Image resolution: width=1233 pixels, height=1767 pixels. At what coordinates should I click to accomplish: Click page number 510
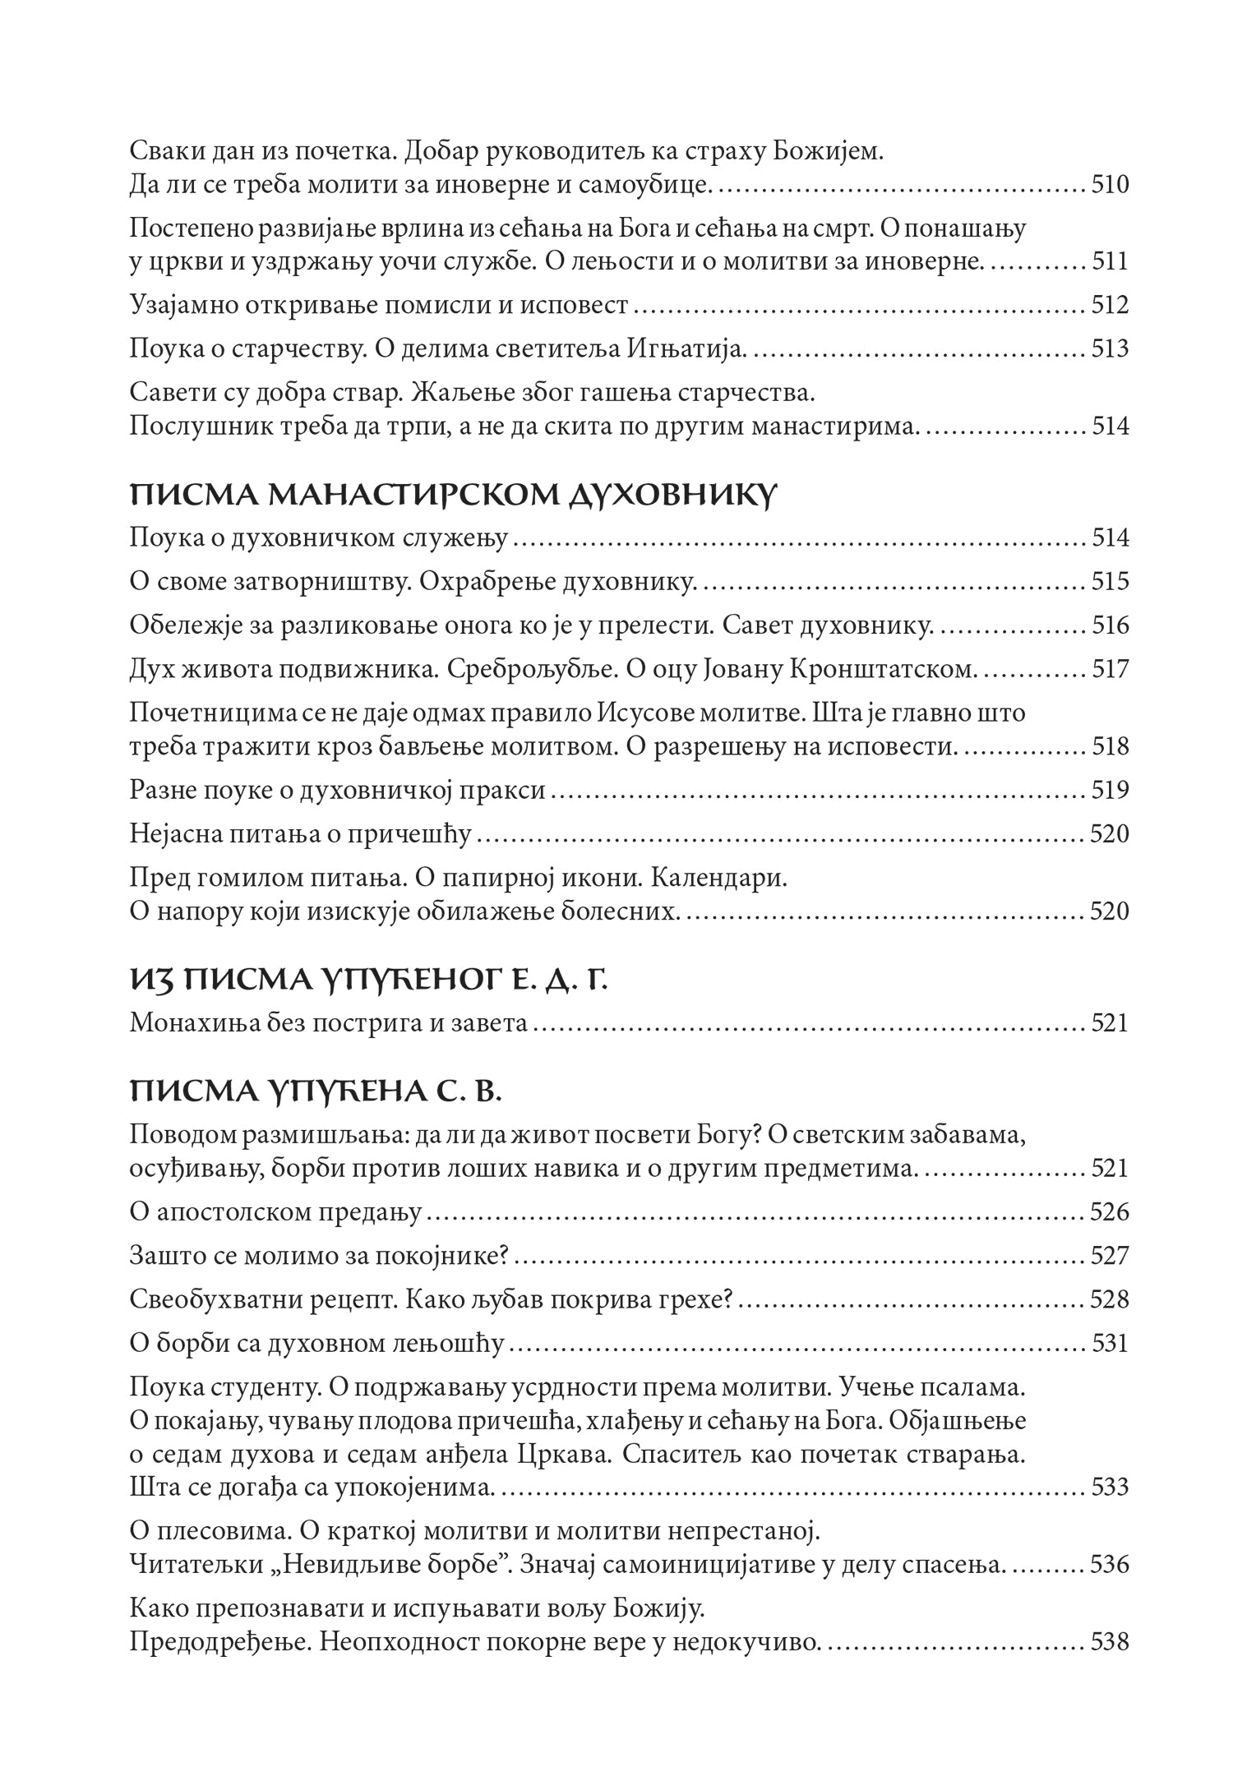(1110, 185)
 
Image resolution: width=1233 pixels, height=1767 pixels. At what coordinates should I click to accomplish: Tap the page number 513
(1110, 349)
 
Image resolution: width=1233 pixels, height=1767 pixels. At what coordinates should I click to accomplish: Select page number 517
(1110, 670)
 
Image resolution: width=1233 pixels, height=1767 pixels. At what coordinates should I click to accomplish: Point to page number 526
(1109, 1212)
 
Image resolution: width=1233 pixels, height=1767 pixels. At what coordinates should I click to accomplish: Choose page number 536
(1109, 1564)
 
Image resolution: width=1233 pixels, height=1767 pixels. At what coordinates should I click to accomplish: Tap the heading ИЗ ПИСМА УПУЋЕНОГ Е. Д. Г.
(368, 980)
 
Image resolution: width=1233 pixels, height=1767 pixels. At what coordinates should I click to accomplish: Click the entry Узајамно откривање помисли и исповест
(379, 306)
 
